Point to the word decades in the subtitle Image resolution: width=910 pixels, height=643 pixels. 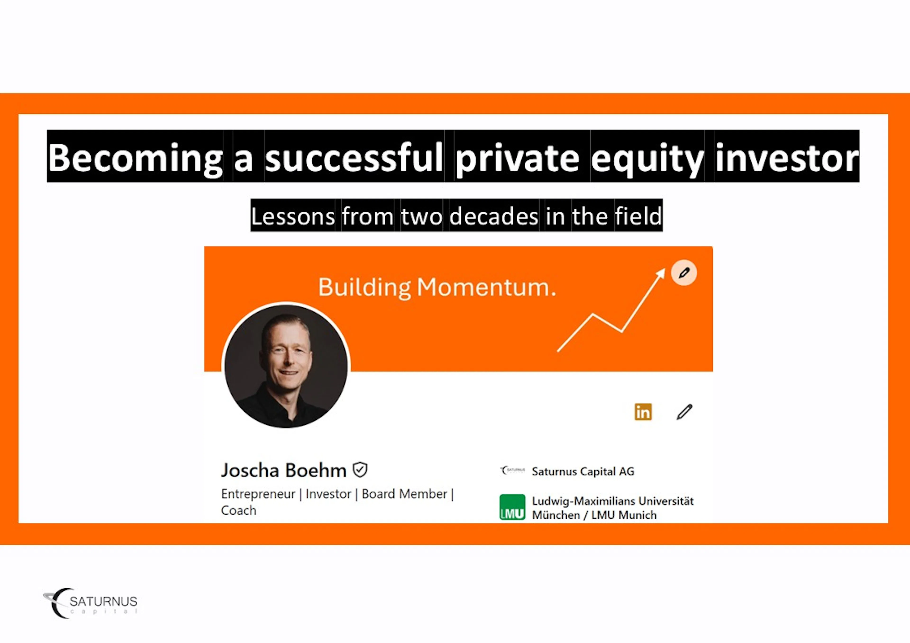coord(494,216)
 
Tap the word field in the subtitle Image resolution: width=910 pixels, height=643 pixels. coord(638,216)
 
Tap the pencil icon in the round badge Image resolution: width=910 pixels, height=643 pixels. coord(684,273)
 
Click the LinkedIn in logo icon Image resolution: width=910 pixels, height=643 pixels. coord(643,412)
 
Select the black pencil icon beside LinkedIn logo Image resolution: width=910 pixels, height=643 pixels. coord(684,412)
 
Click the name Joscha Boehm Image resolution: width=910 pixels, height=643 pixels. coord(284,470)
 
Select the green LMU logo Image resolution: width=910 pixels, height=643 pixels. coord(512,507)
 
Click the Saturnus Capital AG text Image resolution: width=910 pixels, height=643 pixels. coord(583,472)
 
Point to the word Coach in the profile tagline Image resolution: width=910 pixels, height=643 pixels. coord(239,511)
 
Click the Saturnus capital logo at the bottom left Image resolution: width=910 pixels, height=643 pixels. coord(90,603)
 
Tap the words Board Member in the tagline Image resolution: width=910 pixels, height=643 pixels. coord(404,494)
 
